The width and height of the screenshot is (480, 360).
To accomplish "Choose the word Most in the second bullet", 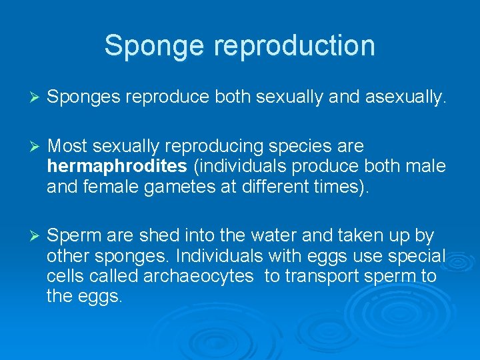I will (x=68, y=145).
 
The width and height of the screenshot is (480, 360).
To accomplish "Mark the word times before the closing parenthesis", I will (x=346, y=187).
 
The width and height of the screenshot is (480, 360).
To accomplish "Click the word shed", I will (x=156, y=236).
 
